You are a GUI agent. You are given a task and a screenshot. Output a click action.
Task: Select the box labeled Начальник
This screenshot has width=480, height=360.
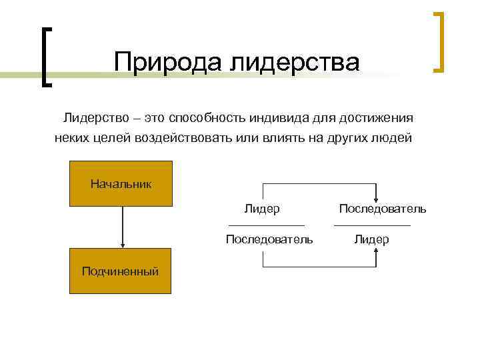pos(121,183)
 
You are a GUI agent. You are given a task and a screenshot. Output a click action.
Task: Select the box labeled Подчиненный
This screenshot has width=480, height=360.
pos(121,271)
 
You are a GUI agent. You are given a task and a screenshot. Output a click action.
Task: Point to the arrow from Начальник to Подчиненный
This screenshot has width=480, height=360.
pos(121,227)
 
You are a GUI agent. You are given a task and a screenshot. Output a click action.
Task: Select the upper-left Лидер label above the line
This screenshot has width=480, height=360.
pos(261,209)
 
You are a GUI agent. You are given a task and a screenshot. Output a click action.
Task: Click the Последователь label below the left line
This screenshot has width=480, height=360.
pos(269,239)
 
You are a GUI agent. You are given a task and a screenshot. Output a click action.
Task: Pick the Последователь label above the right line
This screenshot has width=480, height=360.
pos(382,209)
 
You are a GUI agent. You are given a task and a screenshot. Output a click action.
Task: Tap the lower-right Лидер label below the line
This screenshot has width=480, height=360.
pos(372,239)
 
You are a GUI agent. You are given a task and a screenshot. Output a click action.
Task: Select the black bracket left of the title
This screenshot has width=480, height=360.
pos(45,57)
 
